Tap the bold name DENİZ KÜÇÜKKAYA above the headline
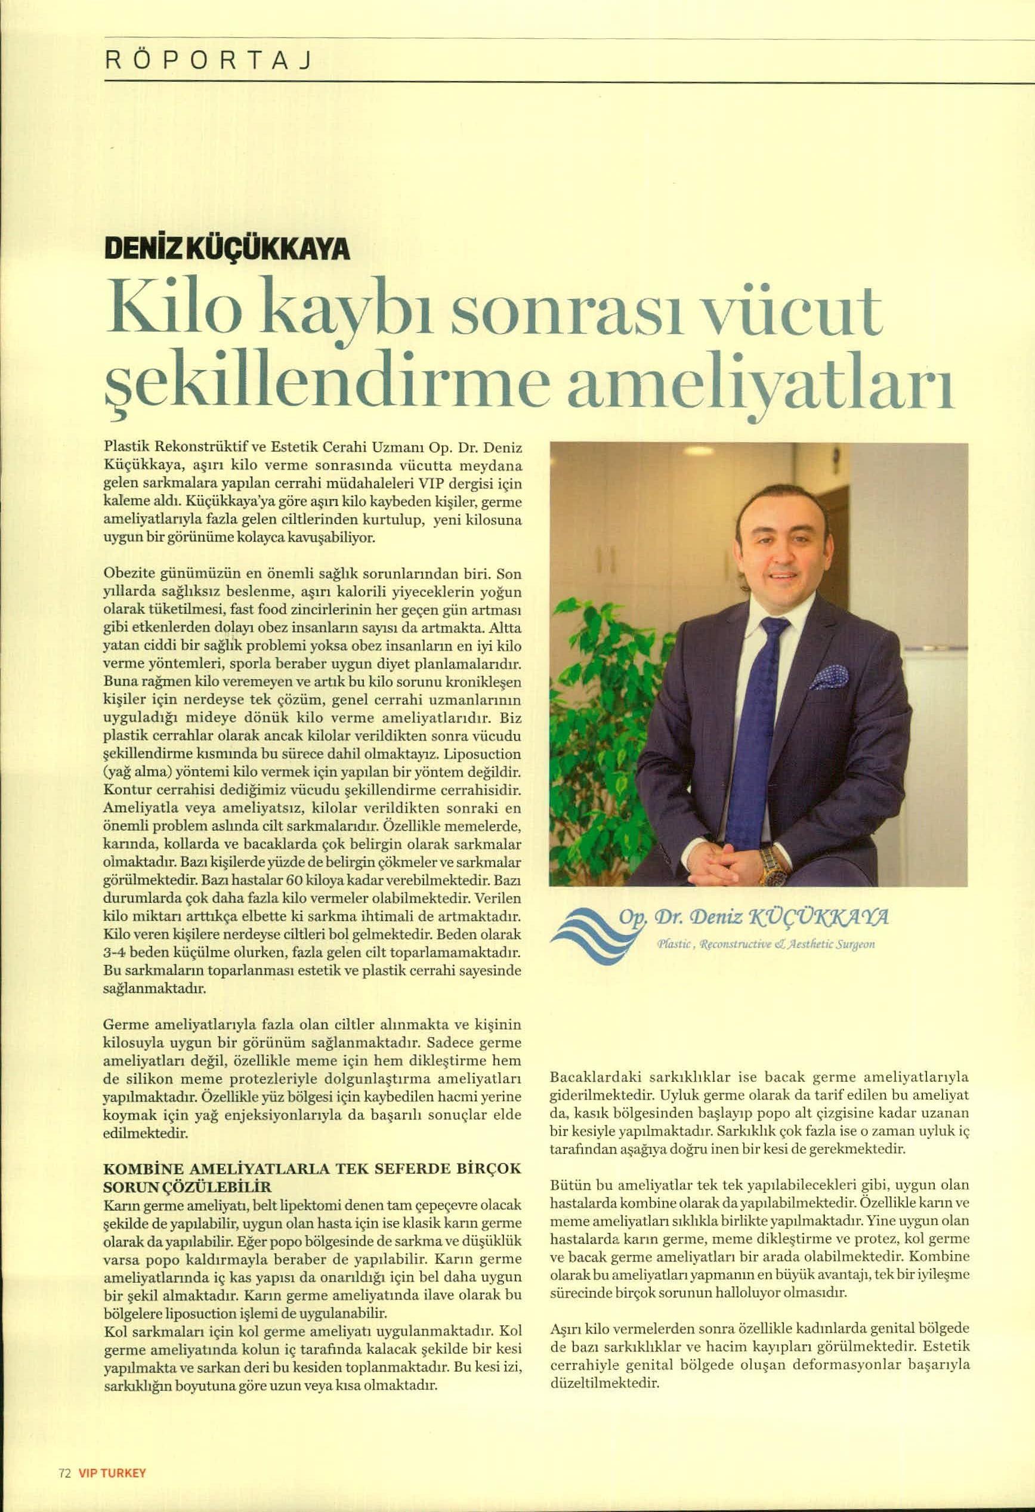(x=226, y=250)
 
